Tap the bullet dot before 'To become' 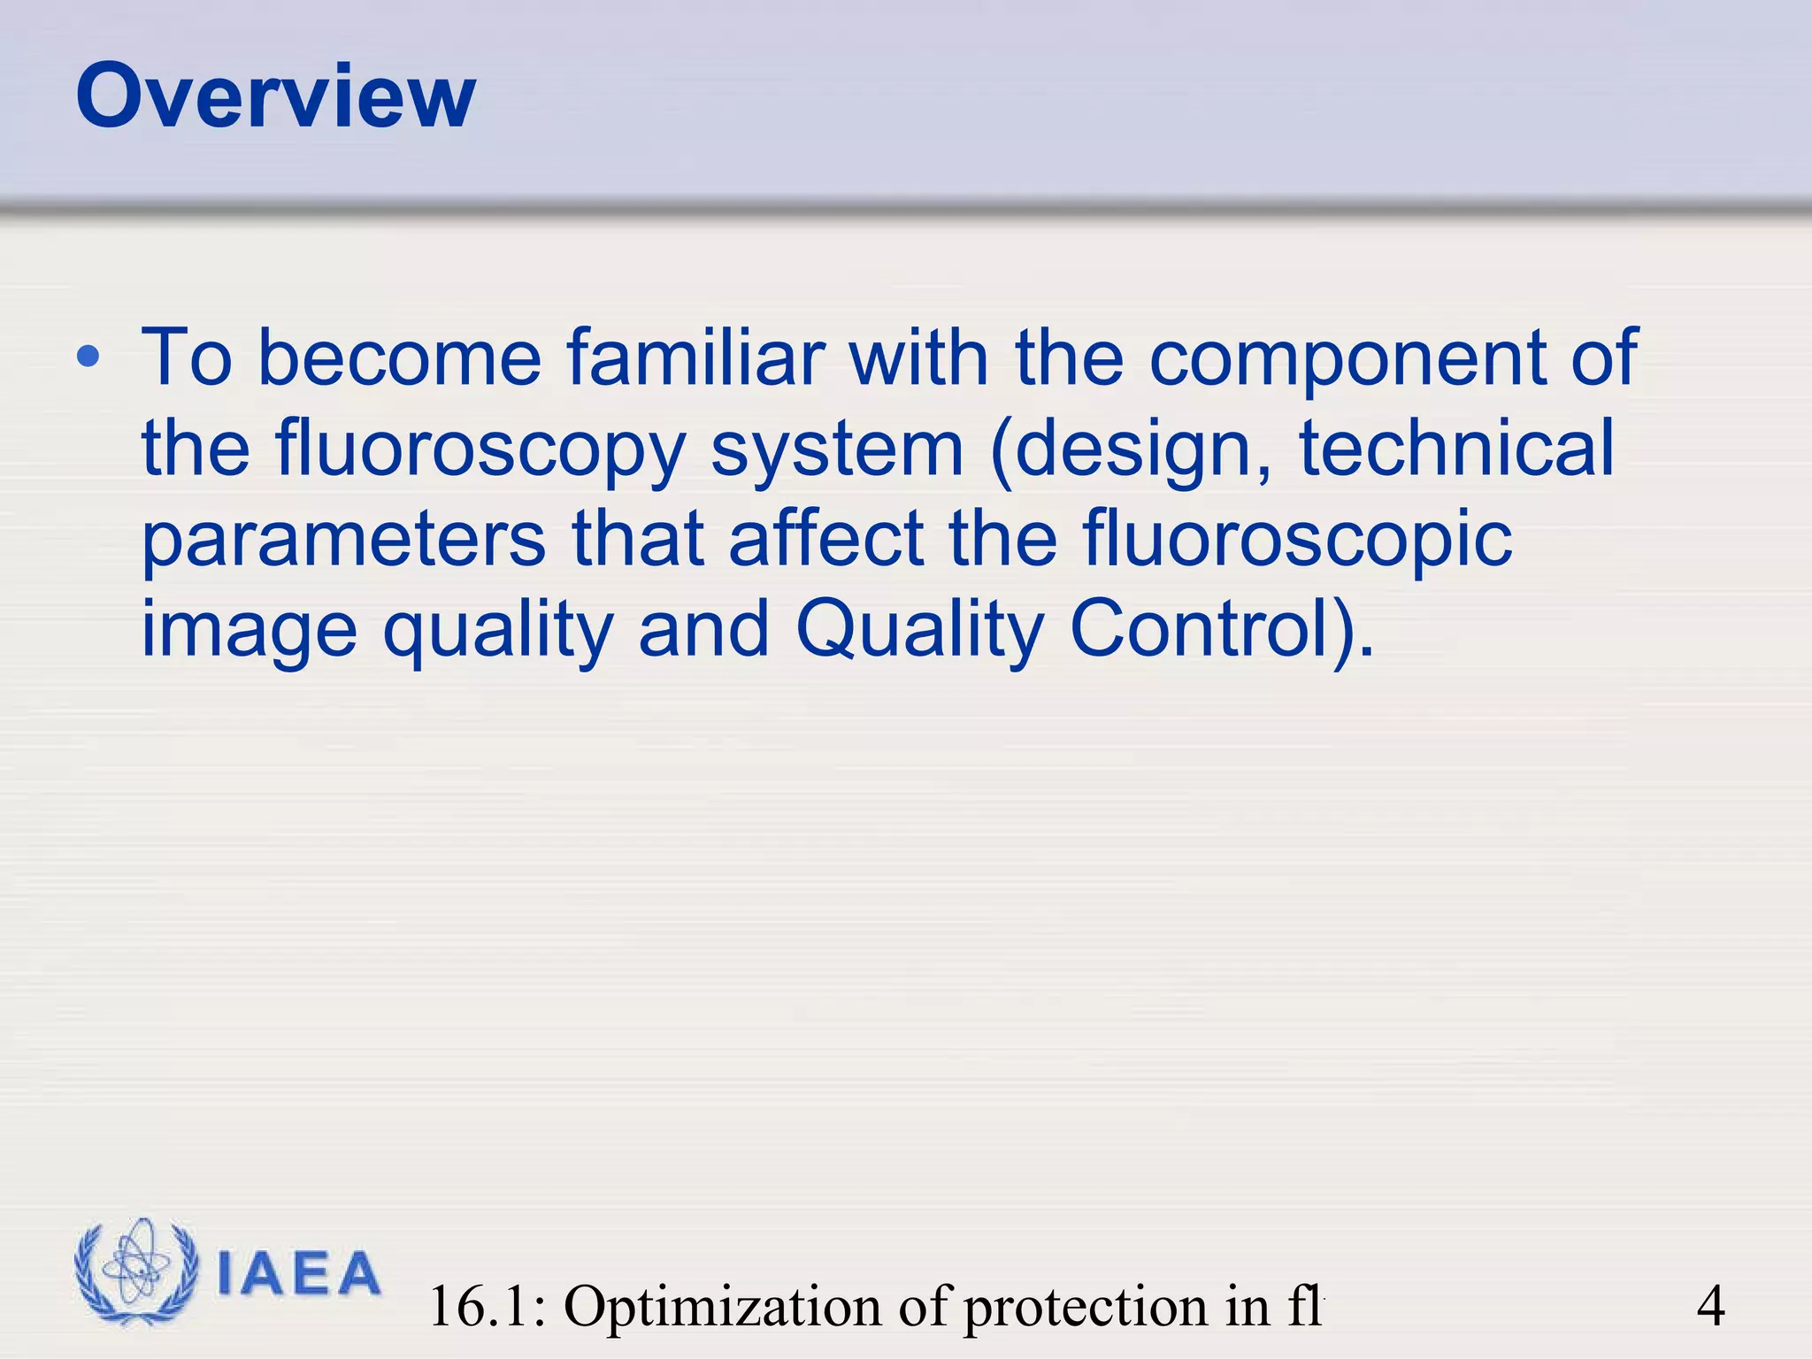(x=88, y=358)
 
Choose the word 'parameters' (x=343, y=541)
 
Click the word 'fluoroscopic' (x=1296, y=541)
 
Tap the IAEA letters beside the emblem (x=298, y=1274)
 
